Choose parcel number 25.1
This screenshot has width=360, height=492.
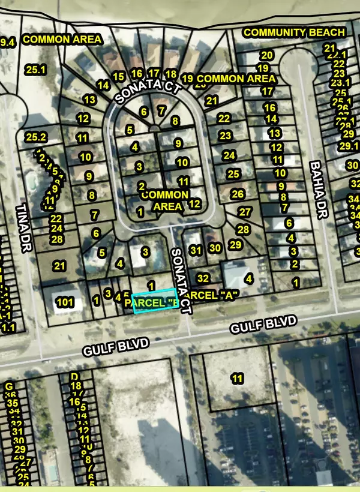(35, 70)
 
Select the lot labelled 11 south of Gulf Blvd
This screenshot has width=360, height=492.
(237, 378)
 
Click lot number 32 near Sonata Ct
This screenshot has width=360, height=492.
(203, 278)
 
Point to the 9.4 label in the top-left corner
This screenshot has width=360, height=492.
(7, 43)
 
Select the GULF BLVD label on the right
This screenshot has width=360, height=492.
(264, 326)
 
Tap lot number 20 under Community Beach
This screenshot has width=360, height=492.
(267, 56)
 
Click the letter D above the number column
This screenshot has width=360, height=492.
(75, 376)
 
